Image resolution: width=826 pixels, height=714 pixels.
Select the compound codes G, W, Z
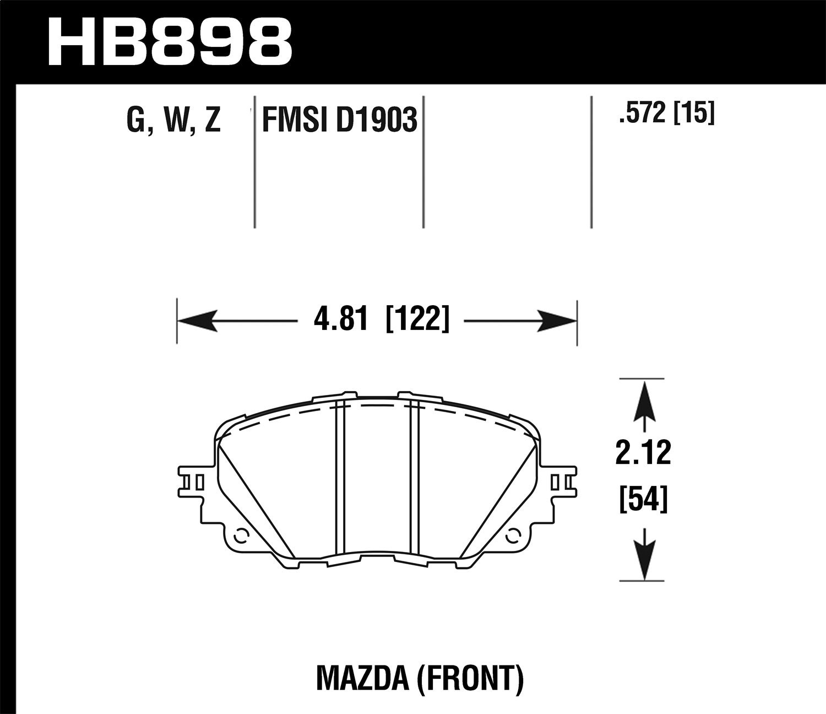click(x=174, y=120)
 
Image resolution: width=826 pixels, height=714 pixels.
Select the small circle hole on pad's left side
click(x=240, y=534)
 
